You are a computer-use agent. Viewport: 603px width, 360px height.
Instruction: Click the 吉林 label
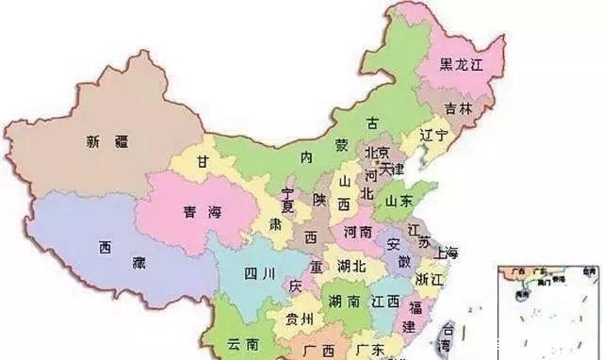pyautogui.click(x=459, y=108)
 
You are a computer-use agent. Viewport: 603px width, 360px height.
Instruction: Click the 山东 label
pyautogui.click(x=399, y=200)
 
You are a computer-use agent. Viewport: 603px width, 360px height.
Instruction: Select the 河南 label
pyautogui.click(x=358, y=231)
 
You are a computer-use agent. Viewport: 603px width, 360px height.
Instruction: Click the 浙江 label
pyautogui.click(x=429, y=279)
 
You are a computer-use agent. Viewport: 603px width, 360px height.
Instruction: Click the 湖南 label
pyautogui.click(x=343, y=302)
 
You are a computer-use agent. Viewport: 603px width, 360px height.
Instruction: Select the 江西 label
pyautogui.click(x=385, y=302)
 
